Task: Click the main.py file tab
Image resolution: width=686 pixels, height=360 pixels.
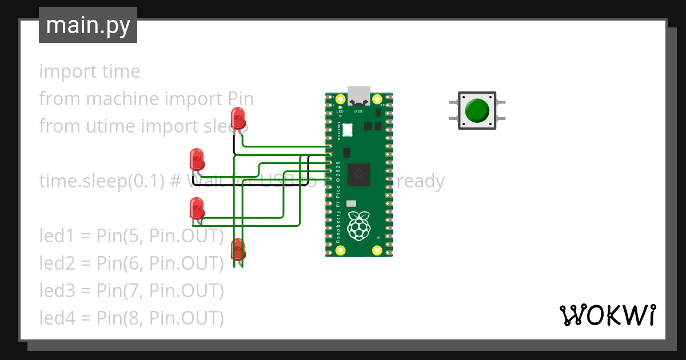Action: pyautogui.click(x=87, y=26)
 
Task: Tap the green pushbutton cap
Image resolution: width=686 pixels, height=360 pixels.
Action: pyautogui.click(x=476, y=110)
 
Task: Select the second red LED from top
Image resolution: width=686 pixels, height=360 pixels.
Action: pyautogui.click(x=197, y=159)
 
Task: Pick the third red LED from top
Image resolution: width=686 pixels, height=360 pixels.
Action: pyautogui.click(x=197, y=208)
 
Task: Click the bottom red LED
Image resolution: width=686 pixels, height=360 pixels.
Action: pyautogui.click(x=238, y=250)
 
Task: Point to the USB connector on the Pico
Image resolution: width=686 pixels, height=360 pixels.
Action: pyautogui.click(x=359, y=95)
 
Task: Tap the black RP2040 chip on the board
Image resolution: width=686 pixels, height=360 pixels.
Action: pyautogui.click(x=359, y=174)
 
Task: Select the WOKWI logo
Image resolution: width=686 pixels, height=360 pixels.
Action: pyautogui.click(x=607, y=315)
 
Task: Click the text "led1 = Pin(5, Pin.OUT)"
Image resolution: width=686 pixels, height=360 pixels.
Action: pyautogui.click(x=131, y=235)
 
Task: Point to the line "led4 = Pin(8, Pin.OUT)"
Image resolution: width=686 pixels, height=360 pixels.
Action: pyautogui.click(x=131, y=318)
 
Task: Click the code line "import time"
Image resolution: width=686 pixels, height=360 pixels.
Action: pyautogui.click(x=89, y=71)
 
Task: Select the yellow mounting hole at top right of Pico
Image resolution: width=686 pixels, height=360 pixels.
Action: pyautogui.click(x=377, y=99)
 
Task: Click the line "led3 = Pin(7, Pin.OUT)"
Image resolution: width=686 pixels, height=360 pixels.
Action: pyautogui.click(x=131, y=290)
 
